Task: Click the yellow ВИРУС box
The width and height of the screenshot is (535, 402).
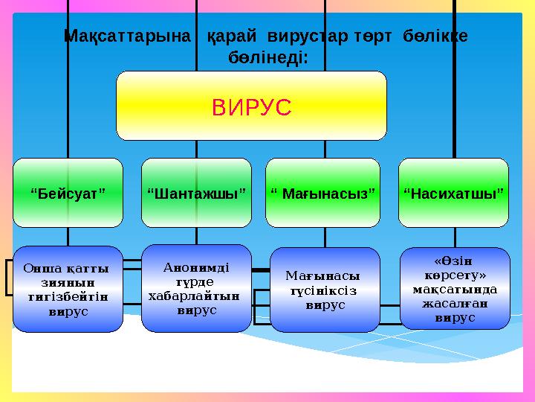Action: (x=251, y=106)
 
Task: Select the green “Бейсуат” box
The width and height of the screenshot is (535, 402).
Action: (x=68, y=193)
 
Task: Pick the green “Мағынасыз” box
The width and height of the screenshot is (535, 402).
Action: (x=324, y=193)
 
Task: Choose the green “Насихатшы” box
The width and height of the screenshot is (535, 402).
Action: (x=453, y=193)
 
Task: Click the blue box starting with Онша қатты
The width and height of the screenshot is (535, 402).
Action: (x=68, y=289)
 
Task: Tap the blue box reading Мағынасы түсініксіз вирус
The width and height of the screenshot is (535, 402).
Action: (x=324, y=290)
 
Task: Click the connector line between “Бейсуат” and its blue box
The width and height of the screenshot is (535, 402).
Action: (x=68, y=236)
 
